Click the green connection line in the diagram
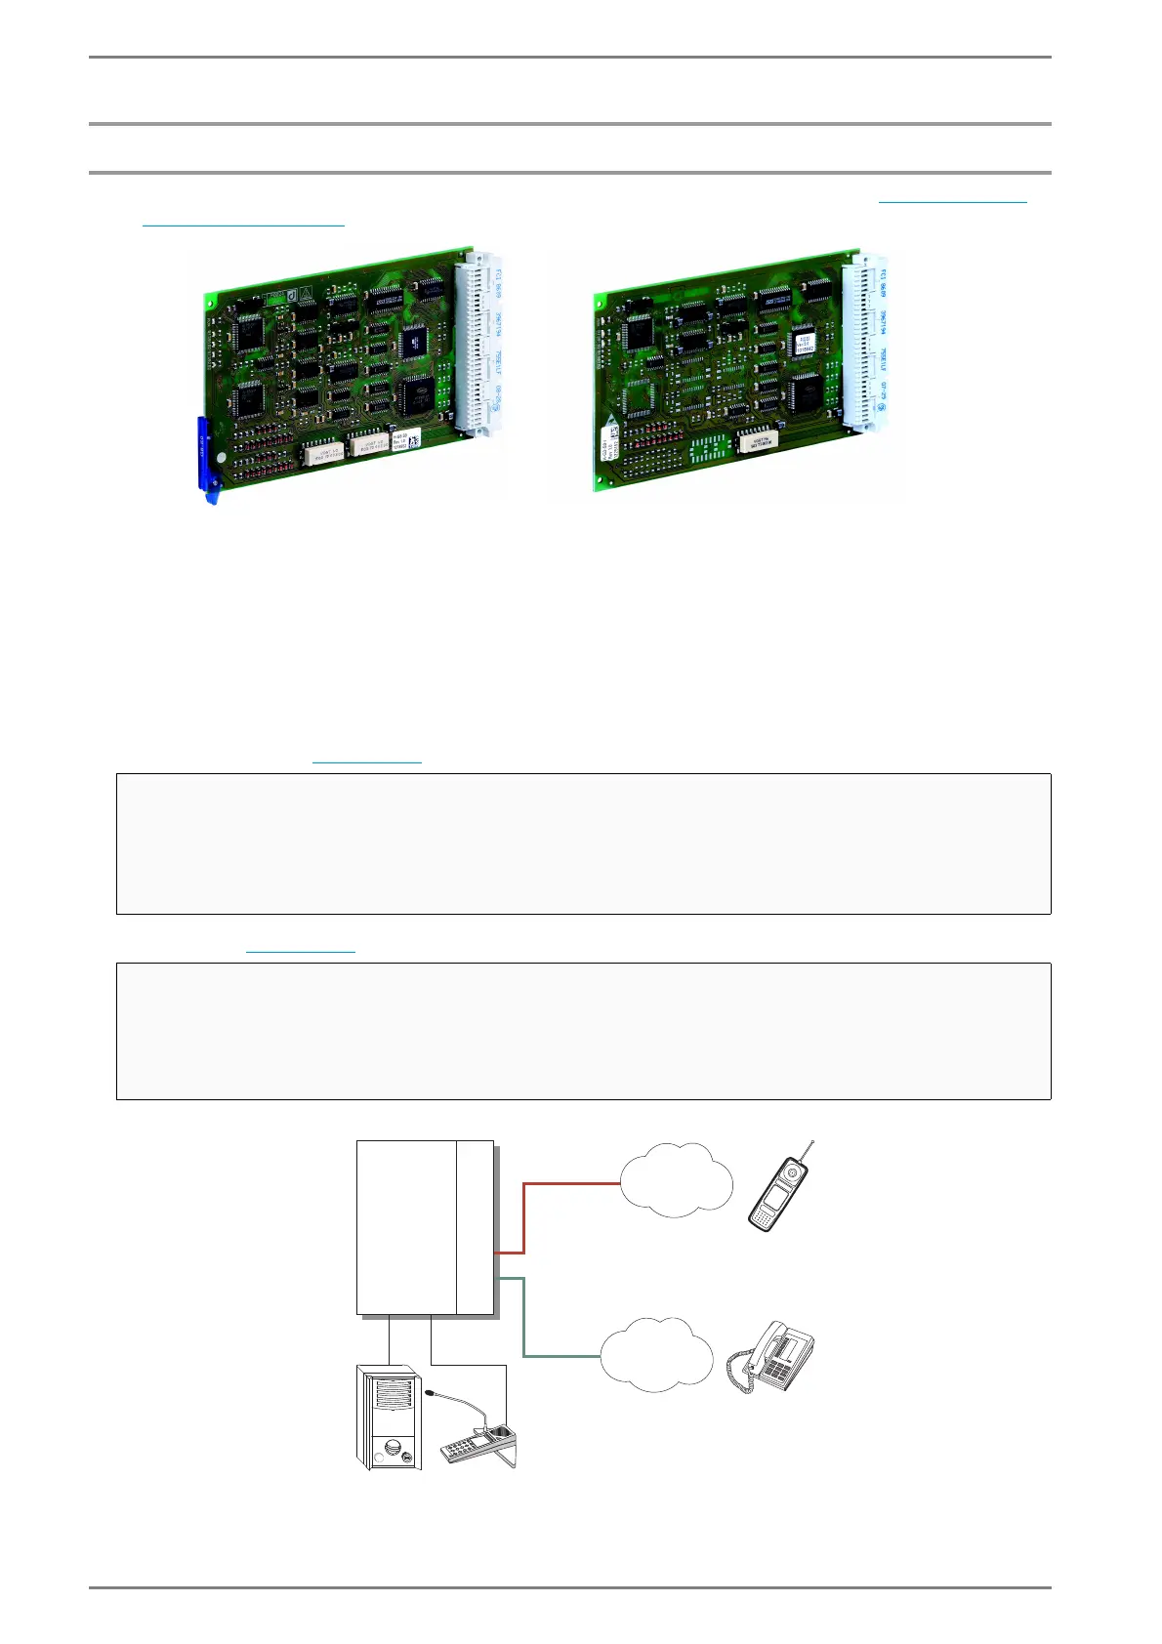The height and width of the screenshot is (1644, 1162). coord(524,1318)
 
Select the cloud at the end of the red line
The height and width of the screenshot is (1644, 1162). coord(676,1179)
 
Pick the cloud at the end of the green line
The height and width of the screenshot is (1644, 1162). coord(656,1354)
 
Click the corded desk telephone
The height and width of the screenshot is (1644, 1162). coord(776,1357)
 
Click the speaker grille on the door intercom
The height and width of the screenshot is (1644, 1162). coord(394,1396)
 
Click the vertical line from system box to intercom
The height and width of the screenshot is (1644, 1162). coord(390,1338)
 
